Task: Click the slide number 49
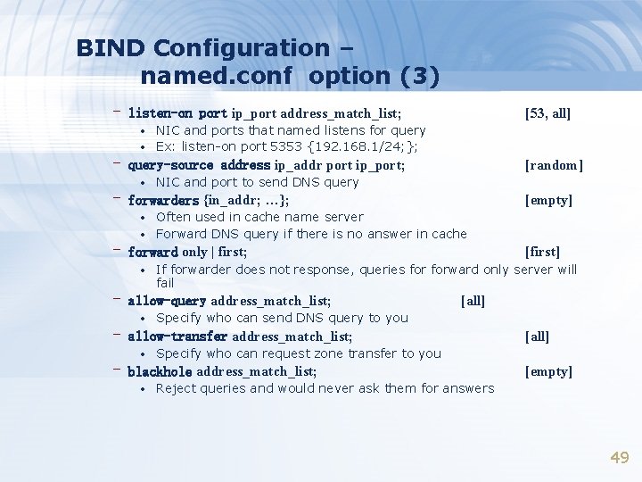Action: tap(619, 457)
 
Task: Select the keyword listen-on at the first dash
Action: tap(160, 113)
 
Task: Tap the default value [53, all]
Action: tap(547, 113)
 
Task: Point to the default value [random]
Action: tap(554, 165)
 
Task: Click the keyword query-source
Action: tap(170, 165)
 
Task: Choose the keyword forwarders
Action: tap(164, 200)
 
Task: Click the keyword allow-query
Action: tap(167, 301)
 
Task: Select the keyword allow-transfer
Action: tap(177, 337)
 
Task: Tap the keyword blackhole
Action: tap(160, 371)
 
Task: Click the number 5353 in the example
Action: tap(290, 146)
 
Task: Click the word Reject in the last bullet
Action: tap(176, 388)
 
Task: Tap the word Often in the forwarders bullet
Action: tap(173, 217)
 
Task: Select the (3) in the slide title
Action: tap(420, 77)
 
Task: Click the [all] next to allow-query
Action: tap(473, 301)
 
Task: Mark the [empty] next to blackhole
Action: tap(548, 371)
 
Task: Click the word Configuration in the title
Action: tap(241, 47)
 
